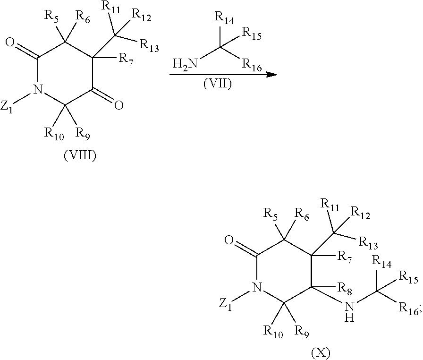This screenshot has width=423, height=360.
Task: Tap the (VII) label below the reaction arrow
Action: (217, 86)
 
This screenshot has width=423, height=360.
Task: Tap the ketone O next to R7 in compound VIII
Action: (118, 104)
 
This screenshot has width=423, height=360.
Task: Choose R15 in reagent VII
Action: (251, 34)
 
